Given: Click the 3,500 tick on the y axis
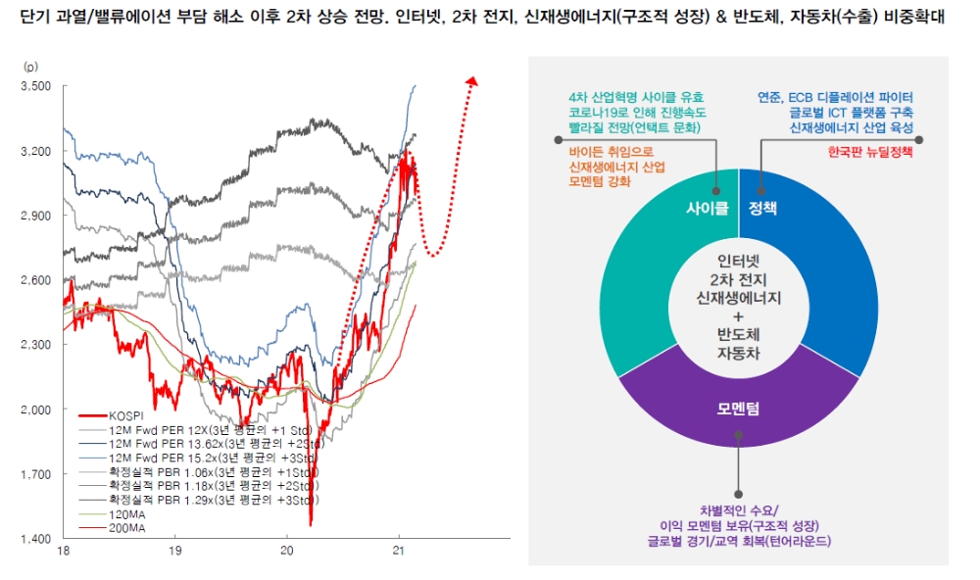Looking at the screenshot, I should tap(36, 86).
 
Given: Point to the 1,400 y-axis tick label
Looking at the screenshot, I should tap(36, 539).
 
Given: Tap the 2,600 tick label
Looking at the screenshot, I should tap(36, 280).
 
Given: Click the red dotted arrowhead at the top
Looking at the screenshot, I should tap(473, 82).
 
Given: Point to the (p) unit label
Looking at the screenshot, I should tap(31, 67).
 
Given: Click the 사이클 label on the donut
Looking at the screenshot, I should tap(706, 209).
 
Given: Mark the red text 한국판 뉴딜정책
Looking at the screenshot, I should tap(869, 153).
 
